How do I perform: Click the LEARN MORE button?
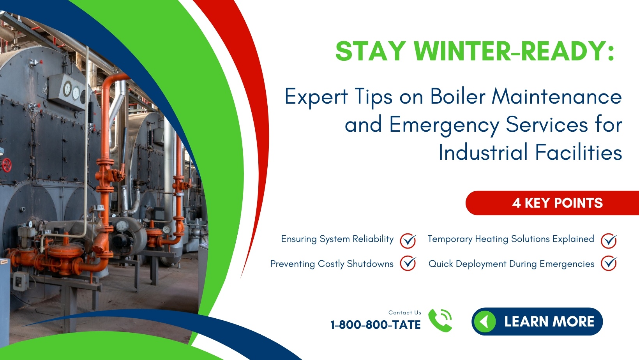tap(537, 321)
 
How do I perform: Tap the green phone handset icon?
tap(440, 320)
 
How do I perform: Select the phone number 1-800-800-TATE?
tap(375, 325)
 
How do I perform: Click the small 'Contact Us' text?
tap(404, 312)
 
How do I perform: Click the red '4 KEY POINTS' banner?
tap(557, 203)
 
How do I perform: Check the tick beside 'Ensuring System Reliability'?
tap(408, 240)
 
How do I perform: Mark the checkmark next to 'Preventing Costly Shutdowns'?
tap(408, 263)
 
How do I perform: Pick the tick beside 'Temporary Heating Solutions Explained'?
tap(608, 240)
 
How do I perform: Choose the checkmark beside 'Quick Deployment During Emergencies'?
tap(608, 263)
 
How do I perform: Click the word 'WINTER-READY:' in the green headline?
tap(514, 51)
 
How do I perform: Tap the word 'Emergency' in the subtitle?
tap(444, 125)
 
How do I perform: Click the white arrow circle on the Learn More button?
tap(485, 322)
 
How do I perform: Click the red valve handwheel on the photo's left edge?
tap(7, 164)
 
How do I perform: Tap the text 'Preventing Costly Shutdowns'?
tap(332, 264)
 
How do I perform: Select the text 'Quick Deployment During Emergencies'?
tap(511, 264)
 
